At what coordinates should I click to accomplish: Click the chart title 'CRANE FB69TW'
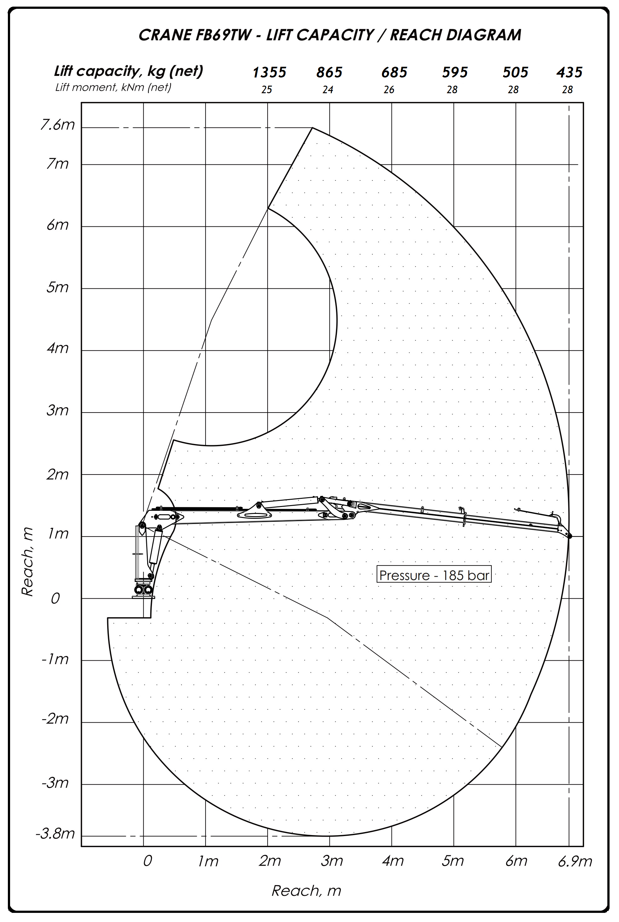[x=195, y=35]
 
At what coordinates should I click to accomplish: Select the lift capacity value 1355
[x=269, y=72]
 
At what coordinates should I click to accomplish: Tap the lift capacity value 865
[x=329, y=72]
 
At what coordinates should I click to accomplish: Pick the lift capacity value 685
[x=394, y=72]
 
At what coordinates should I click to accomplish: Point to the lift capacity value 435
[x=569, y=72]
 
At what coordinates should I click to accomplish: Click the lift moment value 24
[x=328, y=90]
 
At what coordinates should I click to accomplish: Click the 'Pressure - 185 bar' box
[x=434, y=575]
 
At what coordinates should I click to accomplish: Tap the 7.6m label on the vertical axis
[x=58, y=125]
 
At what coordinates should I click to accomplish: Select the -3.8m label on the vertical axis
[x=55, y=834]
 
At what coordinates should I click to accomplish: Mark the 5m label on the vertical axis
[x=58, y=287]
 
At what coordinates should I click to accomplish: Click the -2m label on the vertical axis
[x=55, y=719]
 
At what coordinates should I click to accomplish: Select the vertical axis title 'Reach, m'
[x=27, y=562]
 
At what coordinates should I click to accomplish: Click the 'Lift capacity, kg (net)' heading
[x=129, y=71]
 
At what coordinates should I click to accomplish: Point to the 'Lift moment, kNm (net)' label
[x=113, y=87]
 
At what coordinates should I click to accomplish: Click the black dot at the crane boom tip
[x=569, y=537]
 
